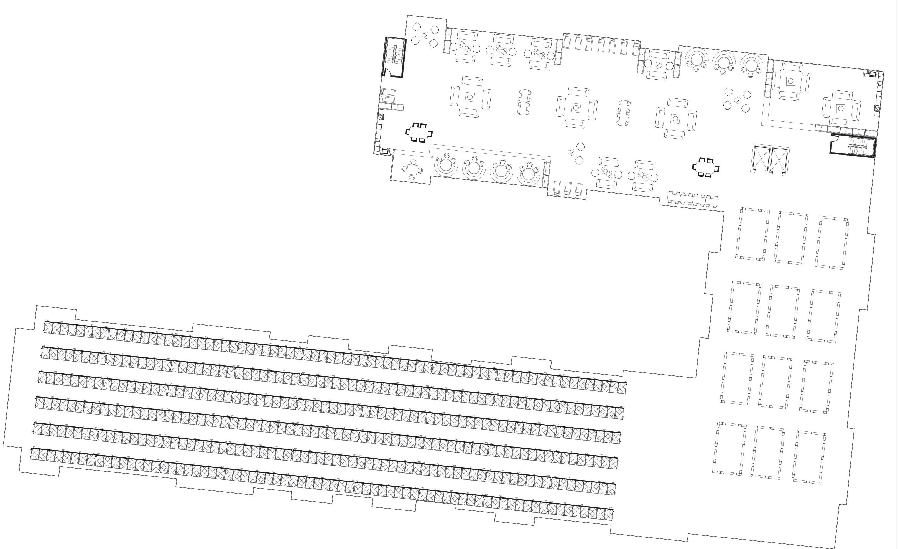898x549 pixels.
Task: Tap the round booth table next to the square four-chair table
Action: pos(446,164)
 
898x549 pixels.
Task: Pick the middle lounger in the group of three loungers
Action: pos(567,189)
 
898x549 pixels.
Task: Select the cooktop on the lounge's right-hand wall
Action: pos(877,108)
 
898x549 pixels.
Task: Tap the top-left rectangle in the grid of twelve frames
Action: pos(752,234)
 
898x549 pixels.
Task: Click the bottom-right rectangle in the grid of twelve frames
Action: pos(809,457)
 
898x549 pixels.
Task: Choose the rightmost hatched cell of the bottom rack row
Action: pos(609,514)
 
